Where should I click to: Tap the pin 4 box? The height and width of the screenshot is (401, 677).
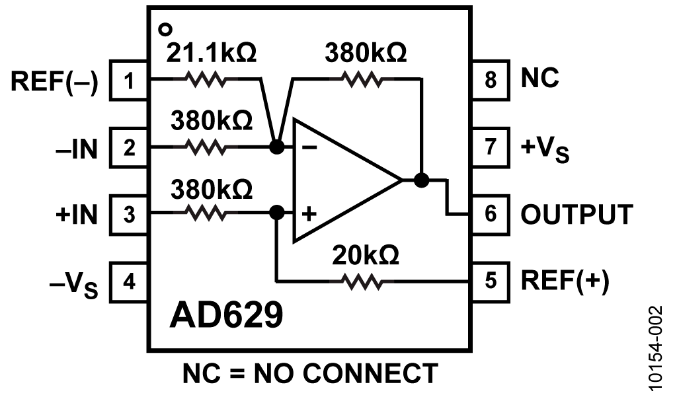129,282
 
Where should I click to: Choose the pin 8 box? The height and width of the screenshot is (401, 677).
489,80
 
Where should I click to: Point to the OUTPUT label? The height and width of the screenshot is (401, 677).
577,214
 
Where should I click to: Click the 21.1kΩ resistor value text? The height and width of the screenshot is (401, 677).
211,53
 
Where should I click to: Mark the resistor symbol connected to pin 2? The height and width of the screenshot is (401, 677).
208,147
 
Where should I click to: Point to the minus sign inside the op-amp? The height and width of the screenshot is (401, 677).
308,147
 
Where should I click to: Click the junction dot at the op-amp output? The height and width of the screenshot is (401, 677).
420,180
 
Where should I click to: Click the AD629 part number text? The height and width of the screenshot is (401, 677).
226,316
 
